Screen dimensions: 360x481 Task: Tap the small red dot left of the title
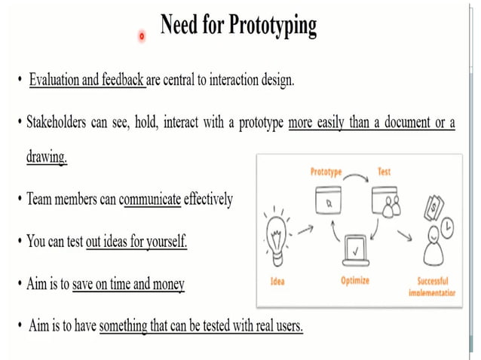[x=142, y=35]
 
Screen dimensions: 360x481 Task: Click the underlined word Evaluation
[x=54, y=80]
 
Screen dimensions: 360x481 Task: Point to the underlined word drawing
[x=47, y=158]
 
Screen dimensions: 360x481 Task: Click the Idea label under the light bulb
[x=277, y=280]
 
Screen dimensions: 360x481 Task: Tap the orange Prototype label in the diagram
[x=326, y=172]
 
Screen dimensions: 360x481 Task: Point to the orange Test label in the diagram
[x=384, y=172]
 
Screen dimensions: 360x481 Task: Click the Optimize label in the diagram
[x=354, y=280]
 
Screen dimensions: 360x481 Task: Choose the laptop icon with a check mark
[x=354, y=249]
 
